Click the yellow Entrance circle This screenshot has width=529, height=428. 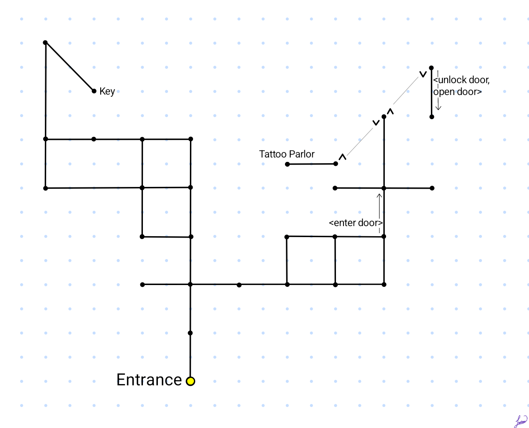coord(190,381)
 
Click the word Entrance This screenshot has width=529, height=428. coord(149,380)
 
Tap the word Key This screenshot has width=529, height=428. coord(107,91)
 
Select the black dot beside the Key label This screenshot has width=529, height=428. coord(94,91)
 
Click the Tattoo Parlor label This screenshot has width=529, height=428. coord(287,154)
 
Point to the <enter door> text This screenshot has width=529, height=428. coord(356,223)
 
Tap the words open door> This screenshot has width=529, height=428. coord(457,92)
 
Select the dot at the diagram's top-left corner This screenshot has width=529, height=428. coord(45,43)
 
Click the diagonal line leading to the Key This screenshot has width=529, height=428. coord(69,67)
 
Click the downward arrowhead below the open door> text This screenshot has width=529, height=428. coord(438,108)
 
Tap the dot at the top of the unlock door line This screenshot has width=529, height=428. coord(431,68)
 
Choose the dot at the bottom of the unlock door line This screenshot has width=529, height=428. coord(432,117)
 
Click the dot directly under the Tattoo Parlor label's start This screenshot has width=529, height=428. coord(288,164)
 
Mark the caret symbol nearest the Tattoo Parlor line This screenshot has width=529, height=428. coord(343,157)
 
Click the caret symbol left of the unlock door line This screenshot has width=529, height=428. coord(423,74)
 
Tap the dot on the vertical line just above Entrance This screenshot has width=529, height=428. coord(190,333)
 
